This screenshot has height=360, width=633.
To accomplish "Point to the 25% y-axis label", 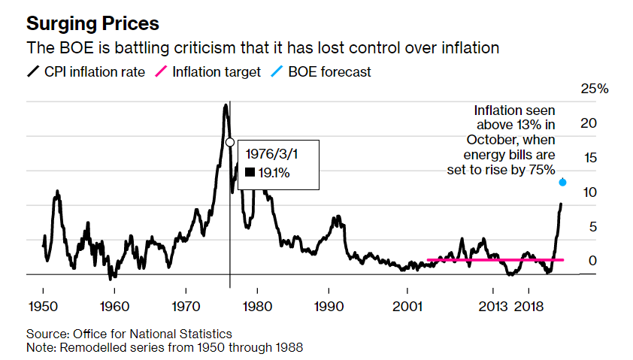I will pos(595,89).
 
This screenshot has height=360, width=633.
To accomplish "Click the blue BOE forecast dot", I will pos(562,182).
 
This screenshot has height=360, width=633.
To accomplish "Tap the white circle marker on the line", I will pos(230,142).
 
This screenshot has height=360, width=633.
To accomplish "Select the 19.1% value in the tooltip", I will pos(273,173).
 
